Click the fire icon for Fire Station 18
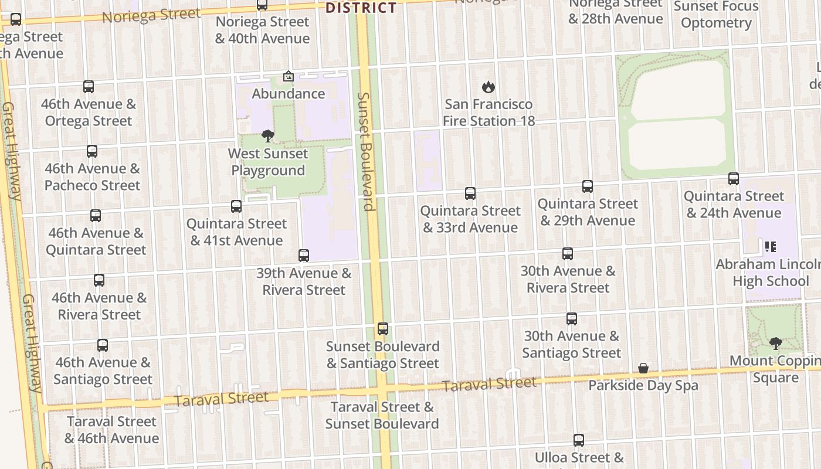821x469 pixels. [x=488, y=87]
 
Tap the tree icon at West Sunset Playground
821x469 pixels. [x=268, y=137]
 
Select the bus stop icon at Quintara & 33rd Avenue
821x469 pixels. [x=470, y=193]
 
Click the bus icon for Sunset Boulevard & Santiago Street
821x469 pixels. [x=383, y=329]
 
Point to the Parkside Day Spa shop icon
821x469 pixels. [x=643, y=368]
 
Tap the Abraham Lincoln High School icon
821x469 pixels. [x=770, y=247]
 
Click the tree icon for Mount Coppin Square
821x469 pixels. [x=775, y=343]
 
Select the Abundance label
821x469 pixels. [x=288, y=94]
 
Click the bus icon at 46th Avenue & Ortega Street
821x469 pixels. [x=89, y=87]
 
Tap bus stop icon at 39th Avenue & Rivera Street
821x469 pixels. [x=303, y=256]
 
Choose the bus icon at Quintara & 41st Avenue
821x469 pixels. [x=236, y=206]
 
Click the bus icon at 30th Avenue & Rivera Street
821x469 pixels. [x=568, y=254]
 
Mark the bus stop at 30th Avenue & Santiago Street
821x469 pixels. [x=572, y=319]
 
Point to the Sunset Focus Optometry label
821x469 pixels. [x=716, y=15]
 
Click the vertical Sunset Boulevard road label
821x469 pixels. [x=365, y=151]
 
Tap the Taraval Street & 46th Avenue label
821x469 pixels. [x=111, y=430]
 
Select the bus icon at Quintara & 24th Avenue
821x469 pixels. [x=734, y=179]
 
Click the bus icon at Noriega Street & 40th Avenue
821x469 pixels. [x=262, y=5]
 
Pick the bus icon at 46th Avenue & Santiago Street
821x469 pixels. [x=103, y=345]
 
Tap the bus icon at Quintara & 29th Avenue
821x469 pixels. [x=588, y=186]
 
